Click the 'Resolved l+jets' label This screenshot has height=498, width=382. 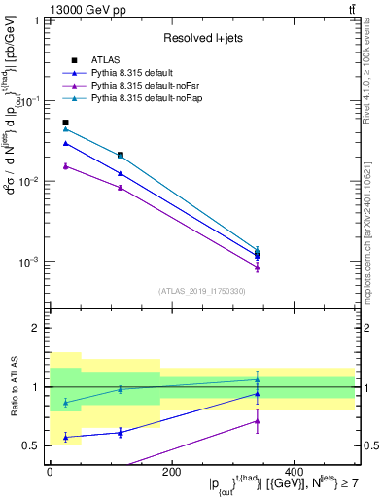201,38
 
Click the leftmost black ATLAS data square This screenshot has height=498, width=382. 66,123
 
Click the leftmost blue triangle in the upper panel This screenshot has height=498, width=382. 66,143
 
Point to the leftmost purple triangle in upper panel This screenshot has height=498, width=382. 66,166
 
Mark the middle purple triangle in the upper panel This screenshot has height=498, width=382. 120,188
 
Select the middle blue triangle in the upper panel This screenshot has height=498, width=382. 120,173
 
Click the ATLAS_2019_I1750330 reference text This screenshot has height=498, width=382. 201,290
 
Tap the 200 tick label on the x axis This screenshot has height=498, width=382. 171,472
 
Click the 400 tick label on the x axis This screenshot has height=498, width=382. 294,472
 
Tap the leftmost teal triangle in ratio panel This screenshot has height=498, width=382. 66,403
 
